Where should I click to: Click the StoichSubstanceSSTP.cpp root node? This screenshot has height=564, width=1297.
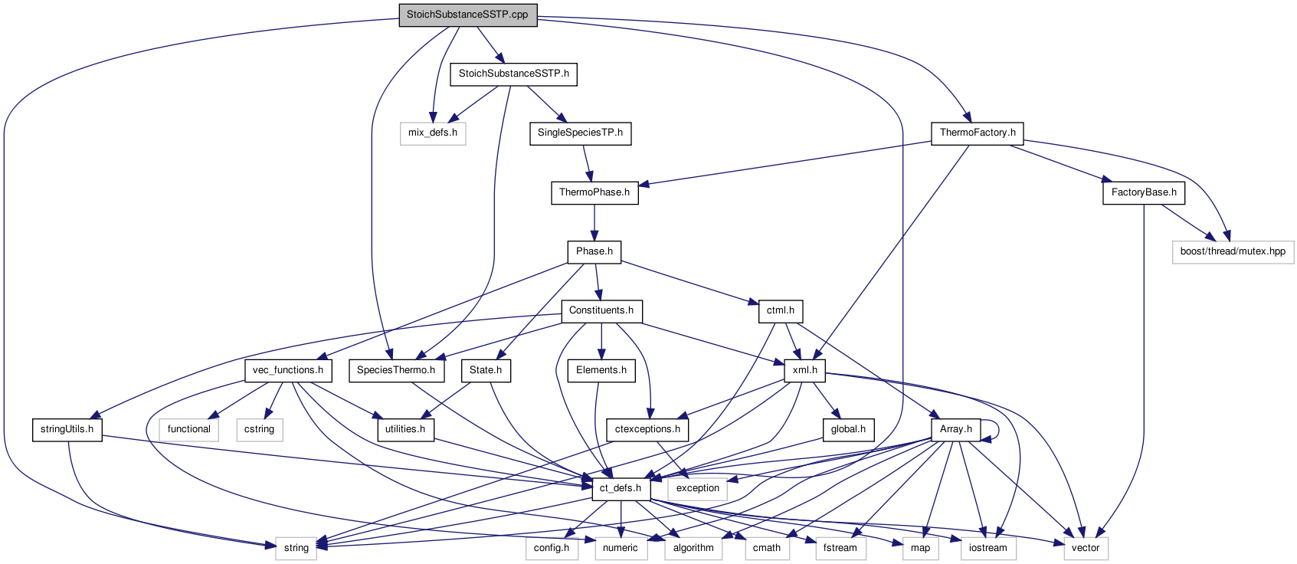tap(467, 15)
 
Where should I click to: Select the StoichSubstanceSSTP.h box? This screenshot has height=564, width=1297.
tap(513, 74)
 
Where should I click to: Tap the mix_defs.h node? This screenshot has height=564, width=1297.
tap(432, 133)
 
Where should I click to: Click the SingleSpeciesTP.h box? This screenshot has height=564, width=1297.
tap(580, 133)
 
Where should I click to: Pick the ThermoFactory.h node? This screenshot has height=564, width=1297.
tap(978, 133)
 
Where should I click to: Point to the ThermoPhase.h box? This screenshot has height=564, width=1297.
tap(594, 192)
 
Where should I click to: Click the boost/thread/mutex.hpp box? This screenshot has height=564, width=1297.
tap(1232, 251)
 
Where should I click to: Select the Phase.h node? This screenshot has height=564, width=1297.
tap(594, 251)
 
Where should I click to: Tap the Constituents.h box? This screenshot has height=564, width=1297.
tap(601, 310)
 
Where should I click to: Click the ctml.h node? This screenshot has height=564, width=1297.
tap(780, 310)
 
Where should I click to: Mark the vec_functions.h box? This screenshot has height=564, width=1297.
tap(288, 370)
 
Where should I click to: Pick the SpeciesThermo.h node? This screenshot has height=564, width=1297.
tap(395, 370)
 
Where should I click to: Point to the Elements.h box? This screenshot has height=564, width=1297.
tap(601, 370)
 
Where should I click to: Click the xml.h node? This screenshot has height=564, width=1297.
tap(804, 370)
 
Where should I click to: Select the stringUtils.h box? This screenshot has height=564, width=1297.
tap(67, 429)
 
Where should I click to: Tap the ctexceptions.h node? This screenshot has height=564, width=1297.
tap(647, 429)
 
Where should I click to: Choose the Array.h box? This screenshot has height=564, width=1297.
tap(955, 429)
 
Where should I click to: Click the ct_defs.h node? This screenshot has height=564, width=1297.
tap(620, 488)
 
